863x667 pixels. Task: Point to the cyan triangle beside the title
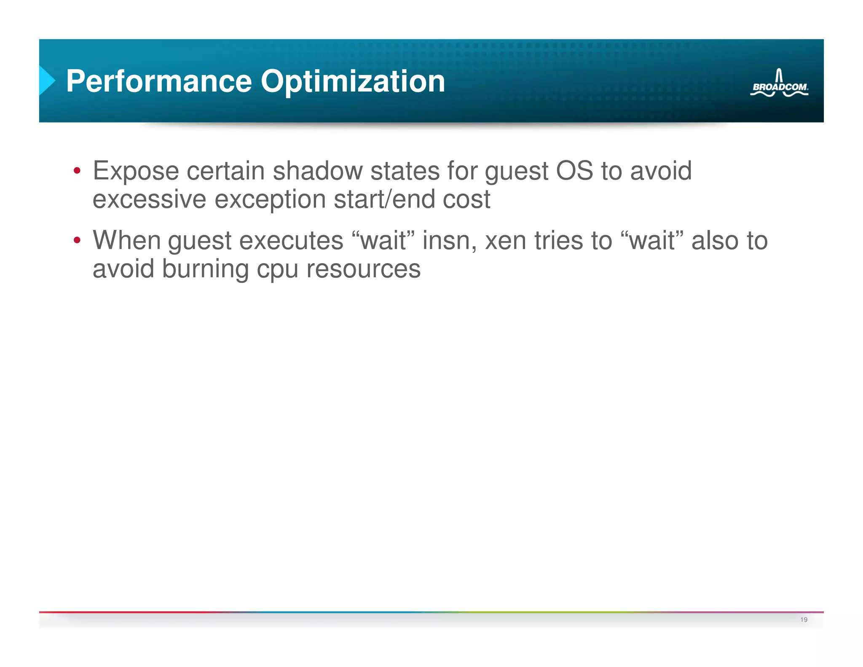point(46,80)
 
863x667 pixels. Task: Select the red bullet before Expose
point(77,171)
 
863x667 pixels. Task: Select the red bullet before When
point(77,240)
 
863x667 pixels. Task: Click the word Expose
point(136,171)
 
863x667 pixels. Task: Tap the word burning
point(205,269)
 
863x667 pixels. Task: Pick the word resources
point(363,269)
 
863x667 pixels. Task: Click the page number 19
point(804,619)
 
